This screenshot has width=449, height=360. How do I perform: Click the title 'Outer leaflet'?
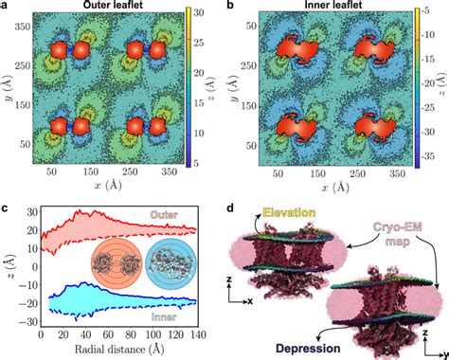click(x=115, y=7)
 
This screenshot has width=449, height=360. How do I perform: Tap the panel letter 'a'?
click(x=6, y=7)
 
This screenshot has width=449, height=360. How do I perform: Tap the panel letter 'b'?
click(x=233, y=7)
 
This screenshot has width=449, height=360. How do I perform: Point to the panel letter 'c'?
click(x=6, y=203)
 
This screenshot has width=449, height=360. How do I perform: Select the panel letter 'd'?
click(x=233, y=203)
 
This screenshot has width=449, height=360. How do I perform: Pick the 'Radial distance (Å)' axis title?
click(x=118, y=351)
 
